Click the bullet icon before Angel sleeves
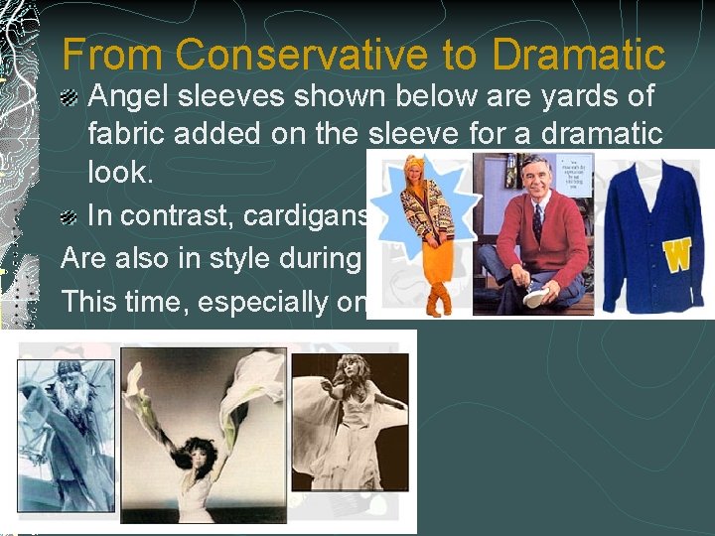71,97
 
